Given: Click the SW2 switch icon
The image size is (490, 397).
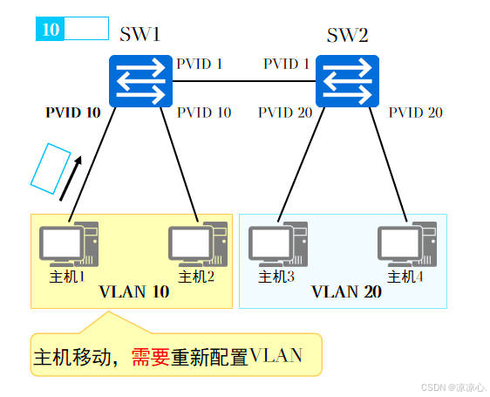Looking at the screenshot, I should pos(347,81).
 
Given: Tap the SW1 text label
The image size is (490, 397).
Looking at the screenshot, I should pos(140,35).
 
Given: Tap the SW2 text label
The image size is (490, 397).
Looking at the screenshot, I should pos(347,35).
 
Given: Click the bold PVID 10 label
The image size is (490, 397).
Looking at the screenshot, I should pos(73,113).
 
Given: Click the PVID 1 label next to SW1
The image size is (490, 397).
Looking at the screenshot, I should pos(201,64).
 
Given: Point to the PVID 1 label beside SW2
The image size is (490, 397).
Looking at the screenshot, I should pos(286,64).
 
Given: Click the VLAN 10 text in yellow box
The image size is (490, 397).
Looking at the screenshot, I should pos(134,292).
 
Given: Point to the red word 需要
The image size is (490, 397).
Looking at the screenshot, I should pos(149,356).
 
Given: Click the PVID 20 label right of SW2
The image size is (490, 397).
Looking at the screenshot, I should pos(415,113).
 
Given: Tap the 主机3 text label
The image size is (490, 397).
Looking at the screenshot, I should pos(277,277).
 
